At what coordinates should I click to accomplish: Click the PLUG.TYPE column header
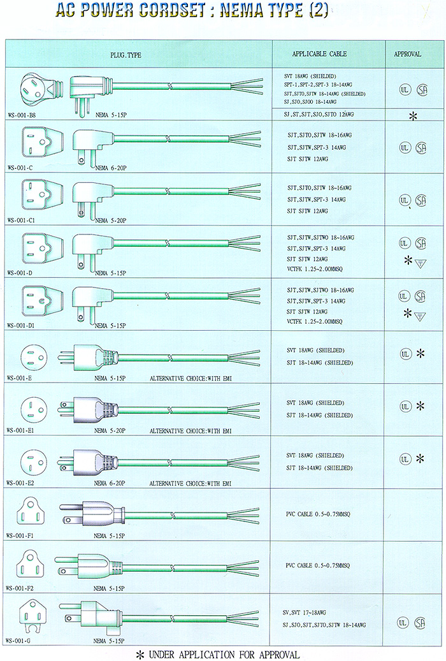126,55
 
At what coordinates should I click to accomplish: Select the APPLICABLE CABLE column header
320,54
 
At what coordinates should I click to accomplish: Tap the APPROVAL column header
407,54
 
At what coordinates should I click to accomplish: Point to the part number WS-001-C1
21,221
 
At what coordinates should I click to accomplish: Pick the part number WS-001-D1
21,326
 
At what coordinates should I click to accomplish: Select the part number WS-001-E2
20,483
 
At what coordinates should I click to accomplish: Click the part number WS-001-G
19,641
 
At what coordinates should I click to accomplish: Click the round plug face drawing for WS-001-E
34,358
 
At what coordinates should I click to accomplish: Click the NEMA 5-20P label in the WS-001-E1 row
110,431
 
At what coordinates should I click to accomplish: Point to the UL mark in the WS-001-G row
403,623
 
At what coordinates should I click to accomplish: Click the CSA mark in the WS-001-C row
421,147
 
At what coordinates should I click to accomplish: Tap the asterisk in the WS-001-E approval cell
421,354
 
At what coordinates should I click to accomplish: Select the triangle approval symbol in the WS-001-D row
421,264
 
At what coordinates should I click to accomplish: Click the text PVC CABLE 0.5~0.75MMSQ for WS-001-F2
317,566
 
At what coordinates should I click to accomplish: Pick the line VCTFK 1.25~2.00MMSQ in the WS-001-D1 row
315,322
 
